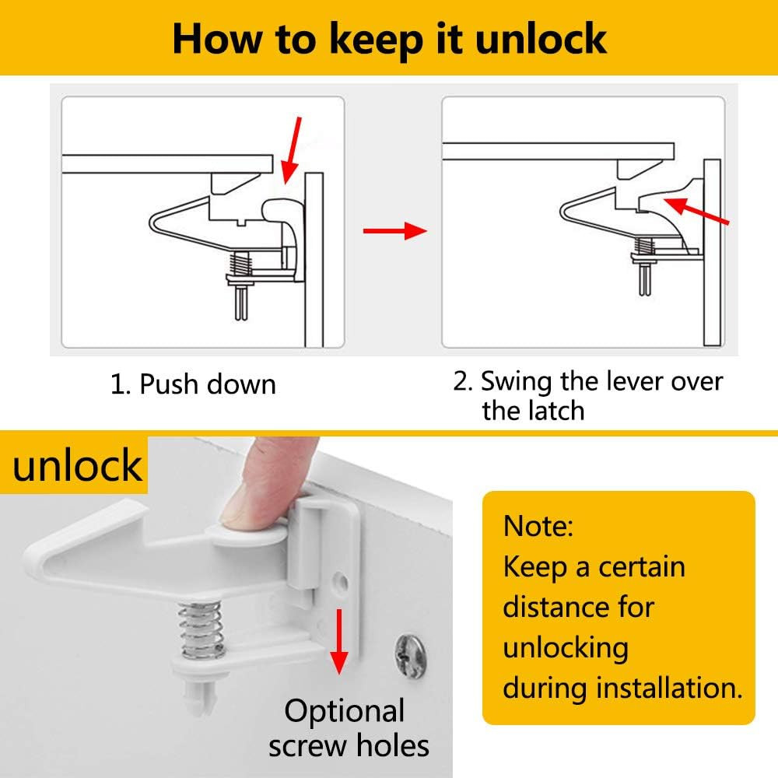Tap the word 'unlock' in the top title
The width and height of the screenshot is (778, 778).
pos(541,39)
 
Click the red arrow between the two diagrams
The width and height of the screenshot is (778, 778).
pos(395,231)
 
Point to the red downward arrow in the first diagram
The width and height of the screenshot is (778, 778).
pos(291,150)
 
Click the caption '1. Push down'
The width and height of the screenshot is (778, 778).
pos(193,384)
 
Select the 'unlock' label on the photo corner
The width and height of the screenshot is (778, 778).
pos(77,465)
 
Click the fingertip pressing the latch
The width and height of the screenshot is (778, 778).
pos(243,506)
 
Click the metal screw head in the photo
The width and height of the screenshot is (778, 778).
pos(410,656)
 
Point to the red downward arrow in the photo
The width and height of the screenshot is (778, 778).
pos(339,641)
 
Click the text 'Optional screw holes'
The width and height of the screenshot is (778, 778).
pos(349,728)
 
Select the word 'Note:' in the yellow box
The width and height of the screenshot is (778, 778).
pos(538,526)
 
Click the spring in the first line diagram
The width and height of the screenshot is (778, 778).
pos(240,264)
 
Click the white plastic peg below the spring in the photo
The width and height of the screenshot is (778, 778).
pos(201,695)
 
